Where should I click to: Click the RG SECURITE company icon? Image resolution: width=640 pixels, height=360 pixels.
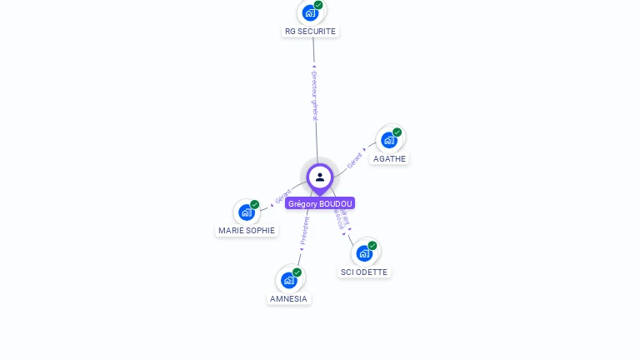310,12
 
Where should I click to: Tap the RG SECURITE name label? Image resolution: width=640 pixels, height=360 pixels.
310,32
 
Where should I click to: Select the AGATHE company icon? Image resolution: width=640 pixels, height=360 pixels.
388,140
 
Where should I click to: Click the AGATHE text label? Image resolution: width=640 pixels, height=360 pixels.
390,158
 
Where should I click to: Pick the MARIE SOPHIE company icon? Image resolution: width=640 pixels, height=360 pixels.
246,212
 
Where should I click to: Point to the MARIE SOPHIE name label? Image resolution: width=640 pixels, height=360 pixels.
247,230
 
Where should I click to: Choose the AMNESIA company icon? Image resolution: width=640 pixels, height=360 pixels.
288,280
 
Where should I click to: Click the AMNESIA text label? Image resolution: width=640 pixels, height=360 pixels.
288,298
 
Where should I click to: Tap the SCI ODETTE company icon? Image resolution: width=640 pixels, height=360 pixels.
364,253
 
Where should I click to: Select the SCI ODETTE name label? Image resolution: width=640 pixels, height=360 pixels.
364,272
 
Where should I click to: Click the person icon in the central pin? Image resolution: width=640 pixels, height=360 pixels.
320,177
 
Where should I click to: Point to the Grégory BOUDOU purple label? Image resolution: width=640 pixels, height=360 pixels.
320,203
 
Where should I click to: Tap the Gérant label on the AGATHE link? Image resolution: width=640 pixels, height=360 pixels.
355,159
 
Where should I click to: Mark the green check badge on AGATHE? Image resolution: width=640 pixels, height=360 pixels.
397,132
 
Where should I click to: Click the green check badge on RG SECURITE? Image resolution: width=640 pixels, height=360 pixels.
318,5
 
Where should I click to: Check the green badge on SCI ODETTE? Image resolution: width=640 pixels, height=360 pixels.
372,245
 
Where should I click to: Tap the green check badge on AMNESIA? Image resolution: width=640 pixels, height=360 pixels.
297,272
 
